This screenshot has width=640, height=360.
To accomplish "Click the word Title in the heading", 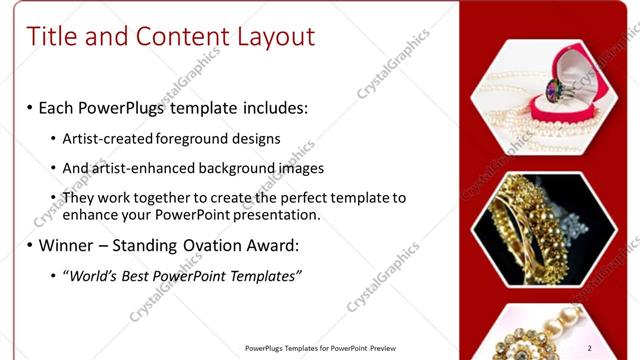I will [51, 37].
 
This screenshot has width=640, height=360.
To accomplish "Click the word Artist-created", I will [107, 139].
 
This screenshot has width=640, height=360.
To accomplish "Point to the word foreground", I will [194, 139].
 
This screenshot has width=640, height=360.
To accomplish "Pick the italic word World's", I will [94, 276].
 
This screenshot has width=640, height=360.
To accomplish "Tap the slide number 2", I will [618, 347].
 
